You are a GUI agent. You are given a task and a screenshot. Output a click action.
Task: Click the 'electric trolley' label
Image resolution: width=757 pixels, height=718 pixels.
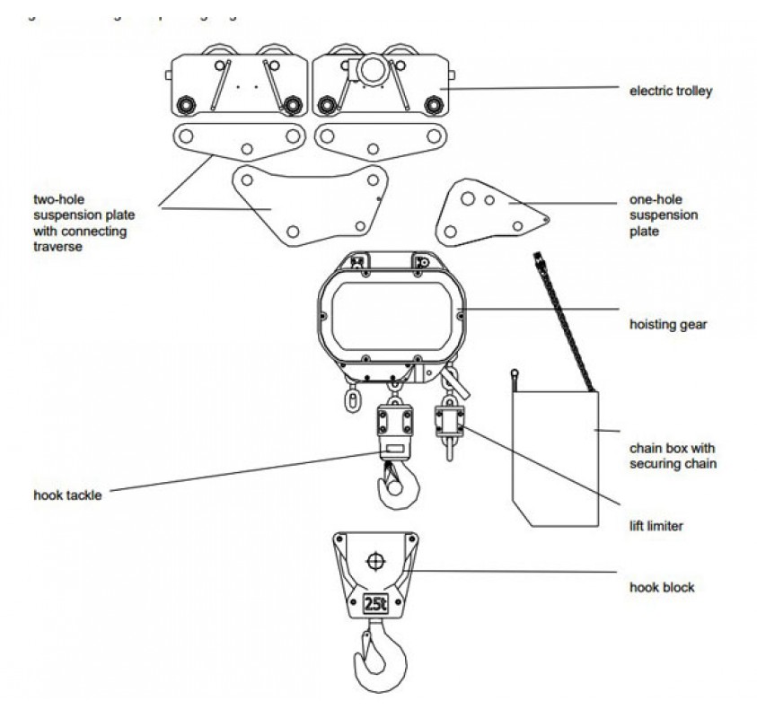tap(670, 91)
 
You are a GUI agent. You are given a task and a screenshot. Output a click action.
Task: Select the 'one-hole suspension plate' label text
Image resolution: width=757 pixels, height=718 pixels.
tap(664, 216)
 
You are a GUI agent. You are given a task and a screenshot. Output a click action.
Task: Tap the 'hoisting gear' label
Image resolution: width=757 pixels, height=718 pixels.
tap(668, 324)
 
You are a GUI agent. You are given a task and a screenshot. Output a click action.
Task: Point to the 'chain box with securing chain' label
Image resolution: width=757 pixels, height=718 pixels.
tap(673, 455)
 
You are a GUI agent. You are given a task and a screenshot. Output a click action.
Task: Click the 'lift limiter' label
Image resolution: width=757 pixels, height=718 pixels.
tap(656, 526)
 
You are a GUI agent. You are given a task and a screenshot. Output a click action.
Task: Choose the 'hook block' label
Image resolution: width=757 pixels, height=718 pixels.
tap(661, 588)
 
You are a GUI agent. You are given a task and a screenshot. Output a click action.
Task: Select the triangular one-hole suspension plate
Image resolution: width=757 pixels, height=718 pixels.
tap(485, 212)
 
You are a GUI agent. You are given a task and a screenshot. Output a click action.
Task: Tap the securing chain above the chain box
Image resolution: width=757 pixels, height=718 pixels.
tap(564, 323)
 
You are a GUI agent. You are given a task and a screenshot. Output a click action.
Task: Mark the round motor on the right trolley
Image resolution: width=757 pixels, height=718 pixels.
tap(371, 69)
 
